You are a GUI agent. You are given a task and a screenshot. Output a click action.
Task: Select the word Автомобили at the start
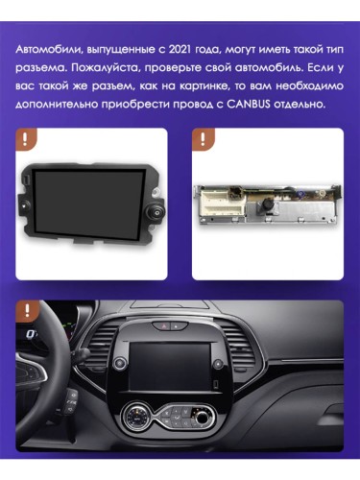49,46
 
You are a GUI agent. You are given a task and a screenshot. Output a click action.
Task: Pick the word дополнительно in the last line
62,104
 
